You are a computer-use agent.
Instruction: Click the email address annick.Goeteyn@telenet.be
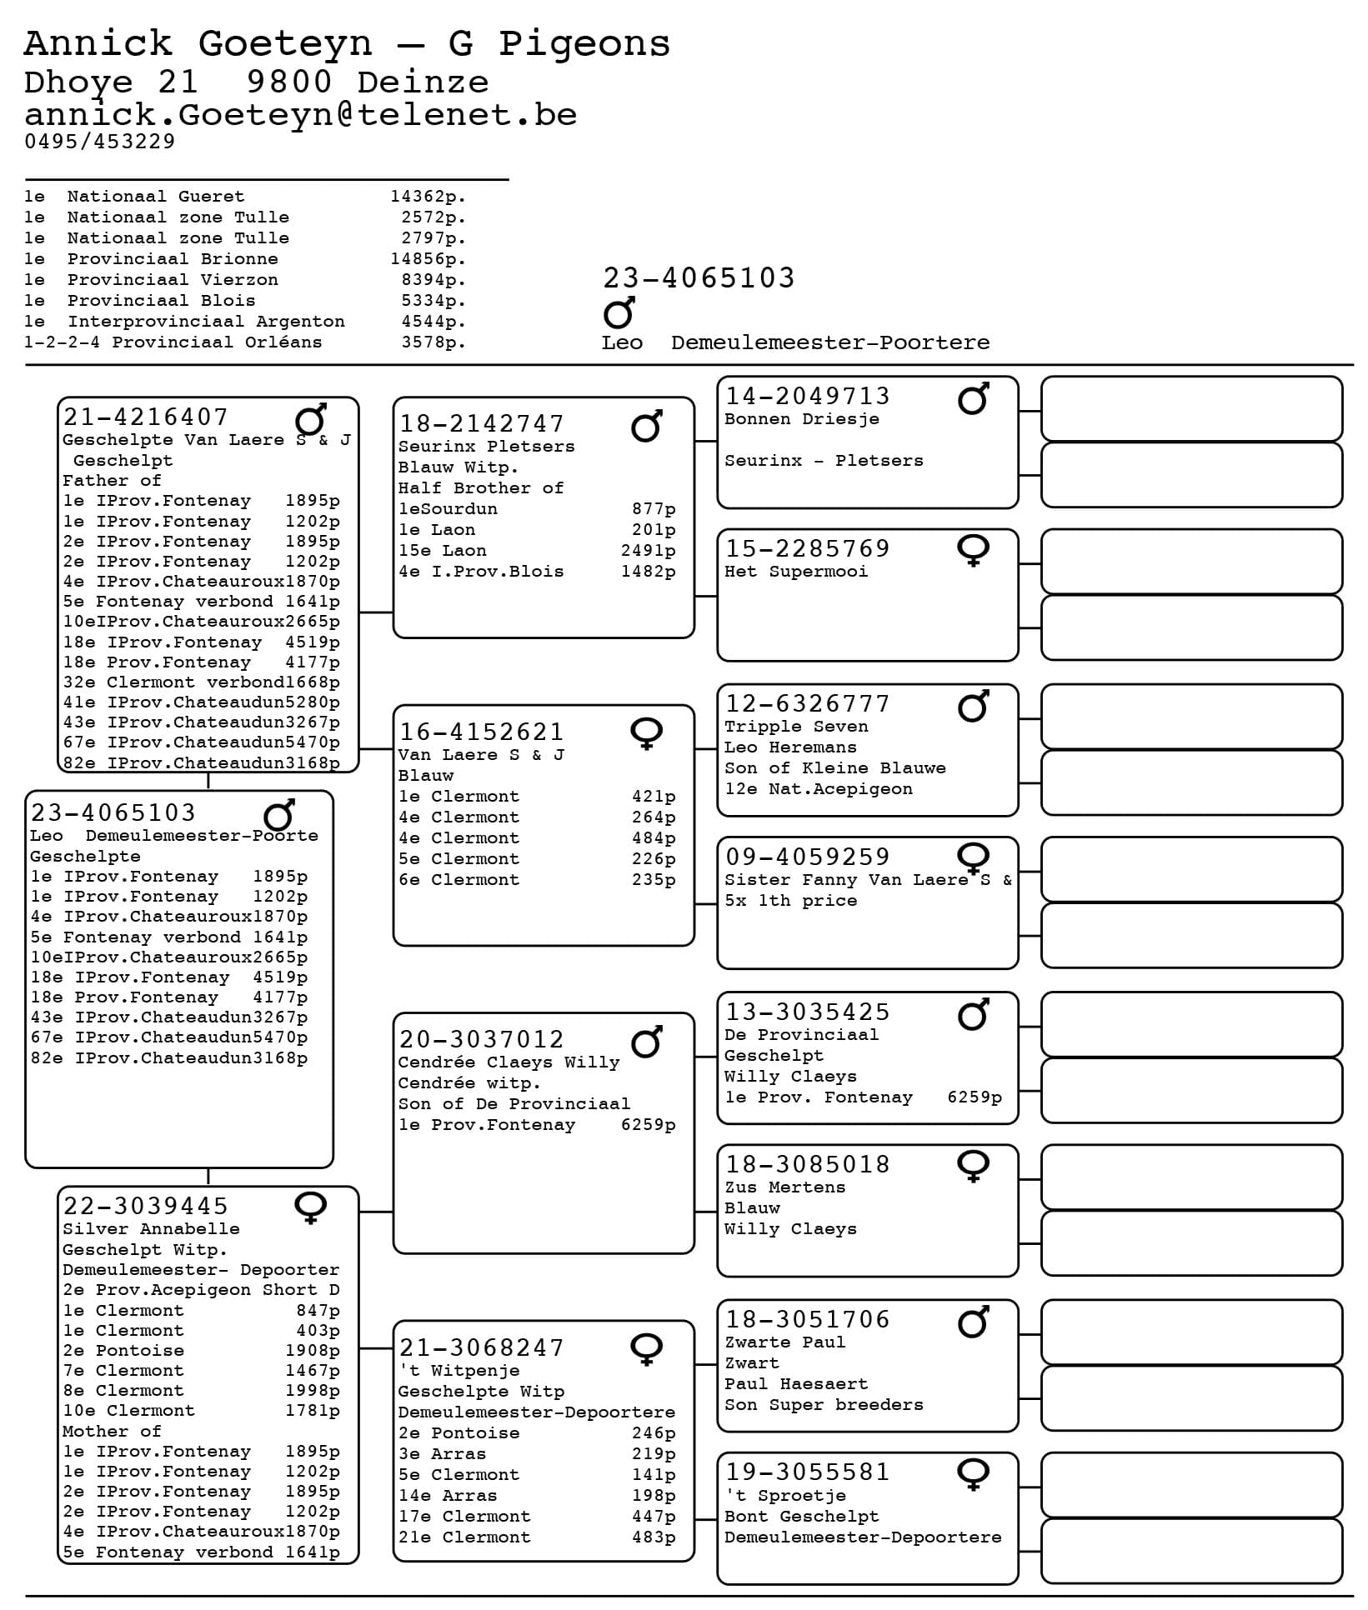(300, 115)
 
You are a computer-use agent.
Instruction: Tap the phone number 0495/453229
(100, 142)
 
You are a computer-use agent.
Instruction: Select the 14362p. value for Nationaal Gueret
(428, 197)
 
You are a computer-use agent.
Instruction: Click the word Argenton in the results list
(300, 322)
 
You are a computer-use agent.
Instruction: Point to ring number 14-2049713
(807, 397)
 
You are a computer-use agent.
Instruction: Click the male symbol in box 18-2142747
(647, 426)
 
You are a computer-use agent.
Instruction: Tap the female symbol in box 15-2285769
(973, 550)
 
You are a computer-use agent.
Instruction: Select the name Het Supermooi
(795, 572)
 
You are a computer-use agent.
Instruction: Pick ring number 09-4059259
(807, 857)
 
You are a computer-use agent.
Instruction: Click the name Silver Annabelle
(151, 1229)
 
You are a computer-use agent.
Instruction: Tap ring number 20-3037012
(481, 1040)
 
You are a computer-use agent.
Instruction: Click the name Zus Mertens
(784, 1187)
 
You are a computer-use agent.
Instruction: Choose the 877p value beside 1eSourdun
(654, 509)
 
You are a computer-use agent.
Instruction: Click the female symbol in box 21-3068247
(647, 1349)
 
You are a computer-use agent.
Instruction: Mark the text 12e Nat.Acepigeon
(818, 789)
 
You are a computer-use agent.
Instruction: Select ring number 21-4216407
(145, 417)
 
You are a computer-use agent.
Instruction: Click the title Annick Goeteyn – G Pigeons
(347, 43)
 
